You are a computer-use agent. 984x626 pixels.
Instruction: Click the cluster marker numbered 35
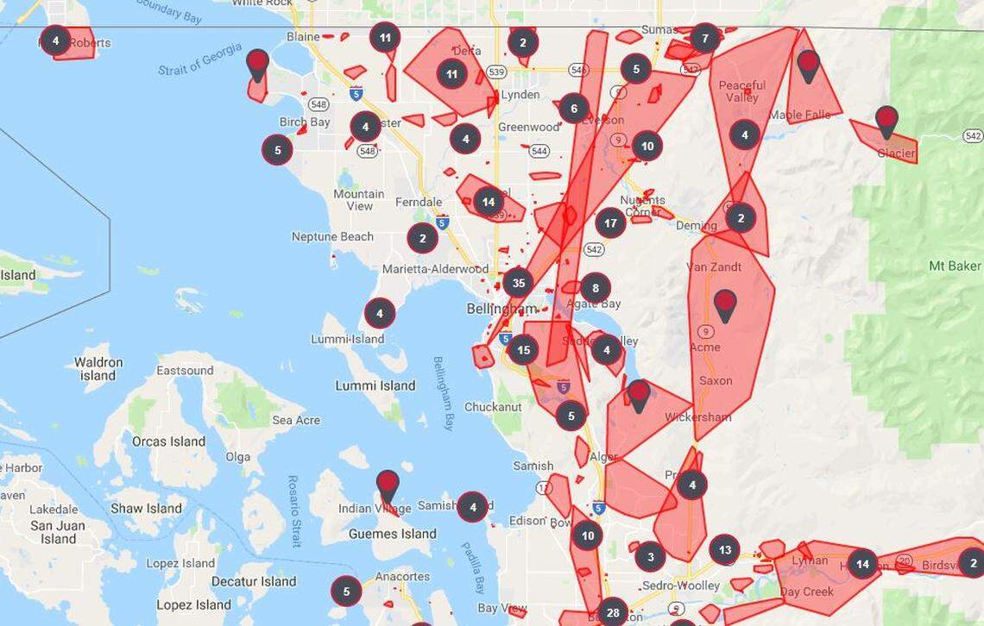click(x=518, y=282)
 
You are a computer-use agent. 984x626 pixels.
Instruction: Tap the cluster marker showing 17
click(x=610, y=222)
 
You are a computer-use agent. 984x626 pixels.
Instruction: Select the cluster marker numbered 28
click(x=612, y=612)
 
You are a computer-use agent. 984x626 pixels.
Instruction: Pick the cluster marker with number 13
click(x=724, y=549)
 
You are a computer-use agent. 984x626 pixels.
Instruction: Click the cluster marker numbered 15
click(x=523, y=350)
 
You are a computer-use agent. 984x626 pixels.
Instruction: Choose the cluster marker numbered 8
click(x=595, y=288)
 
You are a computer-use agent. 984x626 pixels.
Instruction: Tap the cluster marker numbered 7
click(x=705, y=39)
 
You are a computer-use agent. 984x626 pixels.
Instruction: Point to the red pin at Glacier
click(x=886, y=120)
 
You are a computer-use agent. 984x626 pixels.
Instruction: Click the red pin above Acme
click(x=725, y=304)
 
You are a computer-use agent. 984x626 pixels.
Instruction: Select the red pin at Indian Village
click(x=388, y=484)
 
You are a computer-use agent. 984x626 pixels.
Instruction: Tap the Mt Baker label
click(x=955, y=266)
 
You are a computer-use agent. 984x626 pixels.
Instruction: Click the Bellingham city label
click(x=501, y=309)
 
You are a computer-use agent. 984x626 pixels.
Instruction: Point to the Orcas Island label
click(x=168, y=441)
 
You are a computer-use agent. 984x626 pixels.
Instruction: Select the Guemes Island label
click(x=393, y=534)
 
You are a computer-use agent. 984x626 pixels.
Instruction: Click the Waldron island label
click(x=98, y=368)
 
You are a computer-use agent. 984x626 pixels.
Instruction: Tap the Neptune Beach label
click(x=332, y=236)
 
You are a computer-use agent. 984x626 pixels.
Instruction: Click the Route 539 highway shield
click(x=496, y=72)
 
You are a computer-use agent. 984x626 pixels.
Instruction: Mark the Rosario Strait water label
click(x=294, y=510)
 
